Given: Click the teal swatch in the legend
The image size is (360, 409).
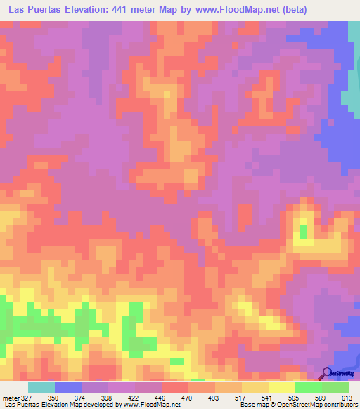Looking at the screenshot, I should point(41,387).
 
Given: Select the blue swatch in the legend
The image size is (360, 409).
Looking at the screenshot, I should point(68,387).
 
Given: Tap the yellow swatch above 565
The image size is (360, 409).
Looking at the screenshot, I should point(282,387).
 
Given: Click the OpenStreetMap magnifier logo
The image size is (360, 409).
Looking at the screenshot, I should point(326,372).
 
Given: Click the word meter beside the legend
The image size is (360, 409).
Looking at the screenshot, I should point(11,397).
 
